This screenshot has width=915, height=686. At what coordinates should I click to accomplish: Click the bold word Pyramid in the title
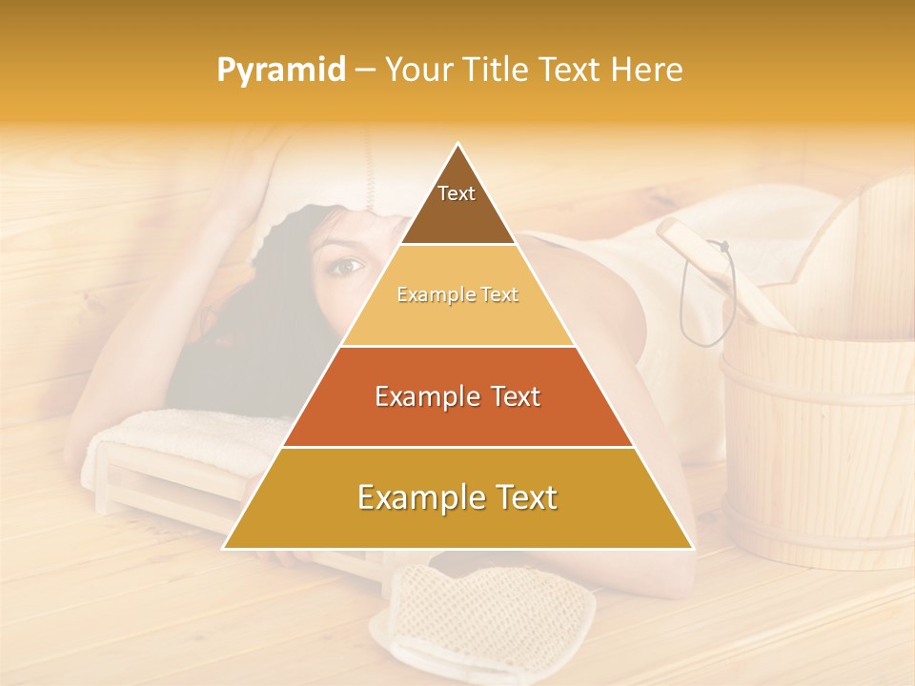[280, 71]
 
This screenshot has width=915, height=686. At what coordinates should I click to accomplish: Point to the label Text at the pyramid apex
[457, 193]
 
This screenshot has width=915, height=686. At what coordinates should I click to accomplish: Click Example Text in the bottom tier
[457, 497]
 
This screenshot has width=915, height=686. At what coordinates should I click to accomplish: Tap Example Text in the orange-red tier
[457, 396]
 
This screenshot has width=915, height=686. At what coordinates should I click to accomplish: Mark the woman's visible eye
[345, 266]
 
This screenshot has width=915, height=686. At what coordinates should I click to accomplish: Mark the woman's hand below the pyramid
[286, 557]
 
